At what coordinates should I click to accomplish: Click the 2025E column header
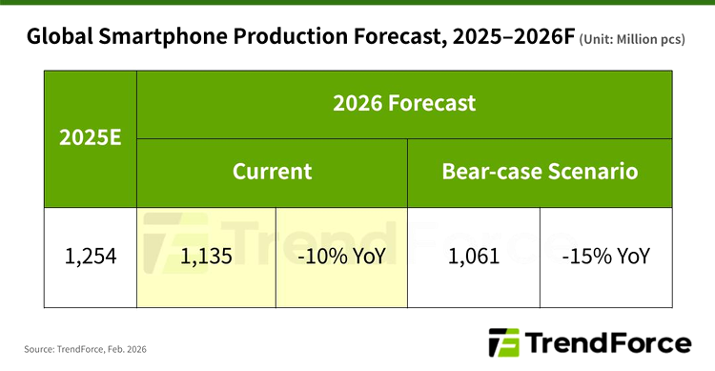[x=91, y=137]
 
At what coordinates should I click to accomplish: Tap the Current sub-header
[x=273, y=172]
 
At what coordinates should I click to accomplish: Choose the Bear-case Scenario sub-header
[x=540, y=172]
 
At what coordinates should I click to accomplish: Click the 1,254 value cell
[x=91, y=257]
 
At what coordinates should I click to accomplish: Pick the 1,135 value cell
[x=207, y=257]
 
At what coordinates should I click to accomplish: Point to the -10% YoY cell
[x=341, y=257]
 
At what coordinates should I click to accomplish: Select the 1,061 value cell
[x=474, y=257]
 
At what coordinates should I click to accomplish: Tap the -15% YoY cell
[x=606, y=257]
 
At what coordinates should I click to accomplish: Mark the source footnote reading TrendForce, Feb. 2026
[x=86, y=349]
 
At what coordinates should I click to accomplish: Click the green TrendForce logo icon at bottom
[x=501, y=343]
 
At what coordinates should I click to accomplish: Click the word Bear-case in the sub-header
[x=488, y=172]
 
